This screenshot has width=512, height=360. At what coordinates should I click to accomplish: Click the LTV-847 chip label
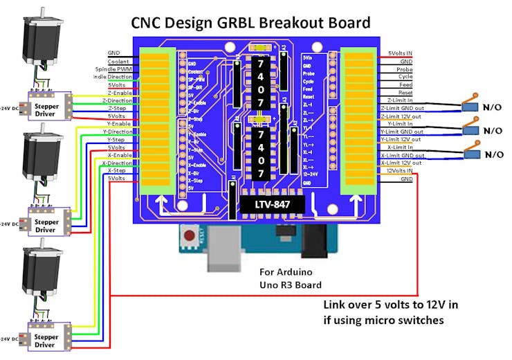pyautogui.click(x=271, y=205)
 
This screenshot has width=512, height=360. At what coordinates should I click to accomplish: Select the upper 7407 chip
pyautogui.click(x=261, y=82)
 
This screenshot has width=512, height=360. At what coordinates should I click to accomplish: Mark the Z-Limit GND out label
pyautogui.click(x=402, y=109)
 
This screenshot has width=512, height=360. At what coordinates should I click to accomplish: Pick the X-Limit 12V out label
pyautogui.click(x=401, y=163)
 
